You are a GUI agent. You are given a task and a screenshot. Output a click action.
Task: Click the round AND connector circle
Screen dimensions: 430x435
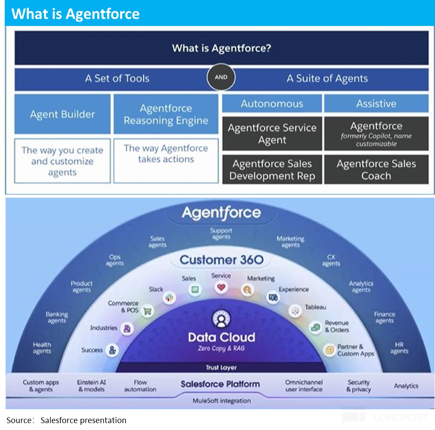click(221, 78)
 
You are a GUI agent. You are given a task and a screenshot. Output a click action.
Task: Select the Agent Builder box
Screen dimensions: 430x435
click(62, 114)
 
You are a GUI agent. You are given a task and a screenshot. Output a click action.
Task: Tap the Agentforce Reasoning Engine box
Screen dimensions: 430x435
click(166, 114)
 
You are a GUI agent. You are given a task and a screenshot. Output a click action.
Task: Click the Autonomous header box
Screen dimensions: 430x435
click(272, 104)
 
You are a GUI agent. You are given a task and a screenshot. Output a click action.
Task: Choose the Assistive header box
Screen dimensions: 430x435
click(376, 104)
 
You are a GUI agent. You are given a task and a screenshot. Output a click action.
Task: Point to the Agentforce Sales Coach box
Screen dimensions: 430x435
click(376, 170)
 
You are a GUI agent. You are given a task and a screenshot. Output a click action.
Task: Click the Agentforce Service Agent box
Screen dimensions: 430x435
click(272, 134)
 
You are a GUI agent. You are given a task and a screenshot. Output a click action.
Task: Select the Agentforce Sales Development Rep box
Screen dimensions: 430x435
click(272, 170)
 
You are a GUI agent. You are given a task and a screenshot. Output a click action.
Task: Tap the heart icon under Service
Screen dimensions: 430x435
click(221, 288)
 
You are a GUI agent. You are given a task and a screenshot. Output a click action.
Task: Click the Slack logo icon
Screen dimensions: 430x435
click(168, 297)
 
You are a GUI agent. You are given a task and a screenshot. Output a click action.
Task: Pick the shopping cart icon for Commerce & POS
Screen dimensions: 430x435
click(148, 310)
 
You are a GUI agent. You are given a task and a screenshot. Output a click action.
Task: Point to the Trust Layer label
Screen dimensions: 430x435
click(221, 367)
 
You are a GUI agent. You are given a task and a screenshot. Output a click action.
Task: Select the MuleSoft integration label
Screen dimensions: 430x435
click(221, 401)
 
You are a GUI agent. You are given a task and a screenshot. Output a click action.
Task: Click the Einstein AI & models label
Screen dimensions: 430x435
click(91, 385)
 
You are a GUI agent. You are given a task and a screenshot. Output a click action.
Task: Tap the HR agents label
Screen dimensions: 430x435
click(399, 348)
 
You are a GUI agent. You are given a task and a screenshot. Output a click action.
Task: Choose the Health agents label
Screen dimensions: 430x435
click(42, 348)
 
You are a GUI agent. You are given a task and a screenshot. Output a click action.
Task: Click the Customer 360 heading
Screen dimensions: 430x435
click(221, 260)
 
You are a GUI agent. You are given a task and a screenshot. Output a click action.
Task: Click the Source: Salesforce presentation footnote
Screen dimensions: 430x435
click(66, 420)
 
